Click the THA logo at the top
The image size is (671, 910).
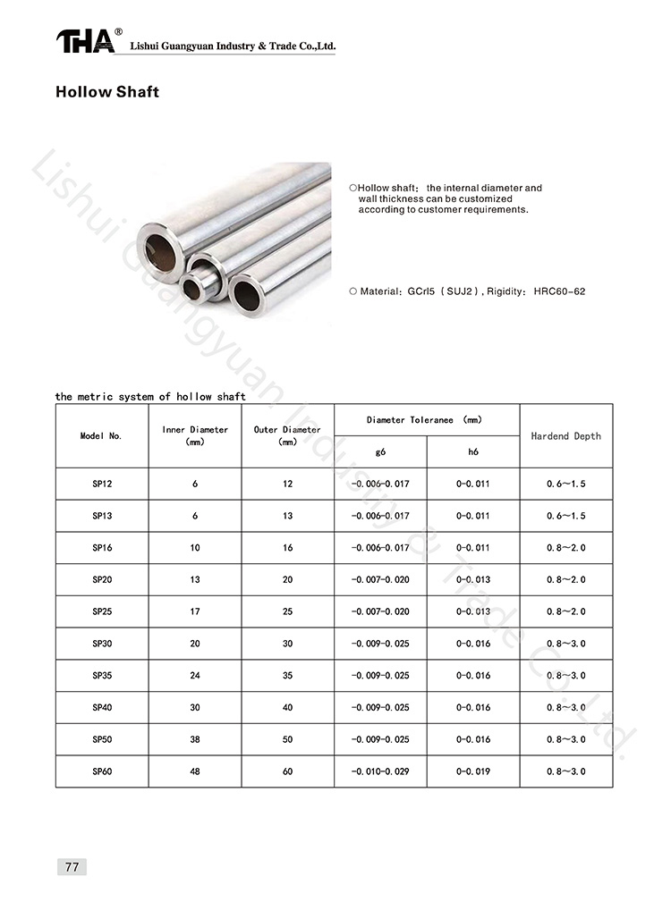pyautogui.click(x=86, y=41)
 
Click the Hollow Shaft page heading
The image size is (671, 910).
pyautogui.click(x=107, y=92)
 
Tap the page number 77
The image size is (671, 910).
pyautogui.click(x=71, y=866)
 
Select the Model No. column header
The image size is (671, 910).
pyautogui.click(x=101, y=436)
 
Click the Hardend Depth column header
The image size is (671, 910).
pyautogui.click(x=566, y=436)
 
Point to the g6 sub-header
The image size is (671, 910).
pyautogui.click(x=380, y=452)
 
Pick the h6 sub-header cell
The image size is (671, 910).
pyautogui.click(x=473, y=452)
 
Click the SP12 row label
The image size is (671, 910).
pyautogui.click(x=102, y=484)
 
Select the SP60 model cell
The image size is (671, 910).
pyautogui.click(x=102, y=771)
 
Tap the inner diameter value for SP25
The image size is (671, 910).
pyautogui.click(x=195, y=611)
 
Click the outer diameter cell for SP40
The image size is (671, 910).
pyautogui.click(x=287, y=707)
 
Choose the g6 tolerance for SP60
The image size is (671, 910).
pyautogui.click(x=380, y=771)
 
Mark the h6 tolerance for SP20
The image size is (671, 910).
pyautogui.click(x=473, y=579)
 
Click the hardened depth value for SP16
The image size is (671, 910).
pyautogui.click(x=566, y=548)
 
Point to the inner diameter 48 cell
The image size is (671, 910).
pyautogui.click(x=195, y=771)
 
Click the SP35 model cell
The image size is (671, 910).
pyautogui.click(x=102, y=676)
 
